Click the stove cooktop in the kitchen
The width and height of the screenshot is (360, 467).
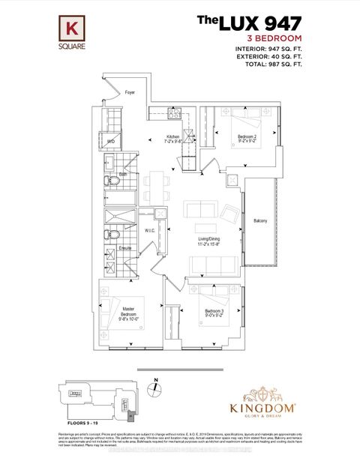[x=174, y=115]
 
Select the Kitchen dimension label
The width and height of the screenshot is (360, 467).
[x=174, y=139]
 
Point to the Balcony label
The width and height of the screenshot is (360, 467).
[x=260, y=220]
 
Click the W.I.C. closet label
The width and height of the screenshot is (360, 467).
[x=148, y=230]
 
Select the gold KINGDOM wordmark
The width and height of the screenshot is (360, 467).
[x=262, y=409]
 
